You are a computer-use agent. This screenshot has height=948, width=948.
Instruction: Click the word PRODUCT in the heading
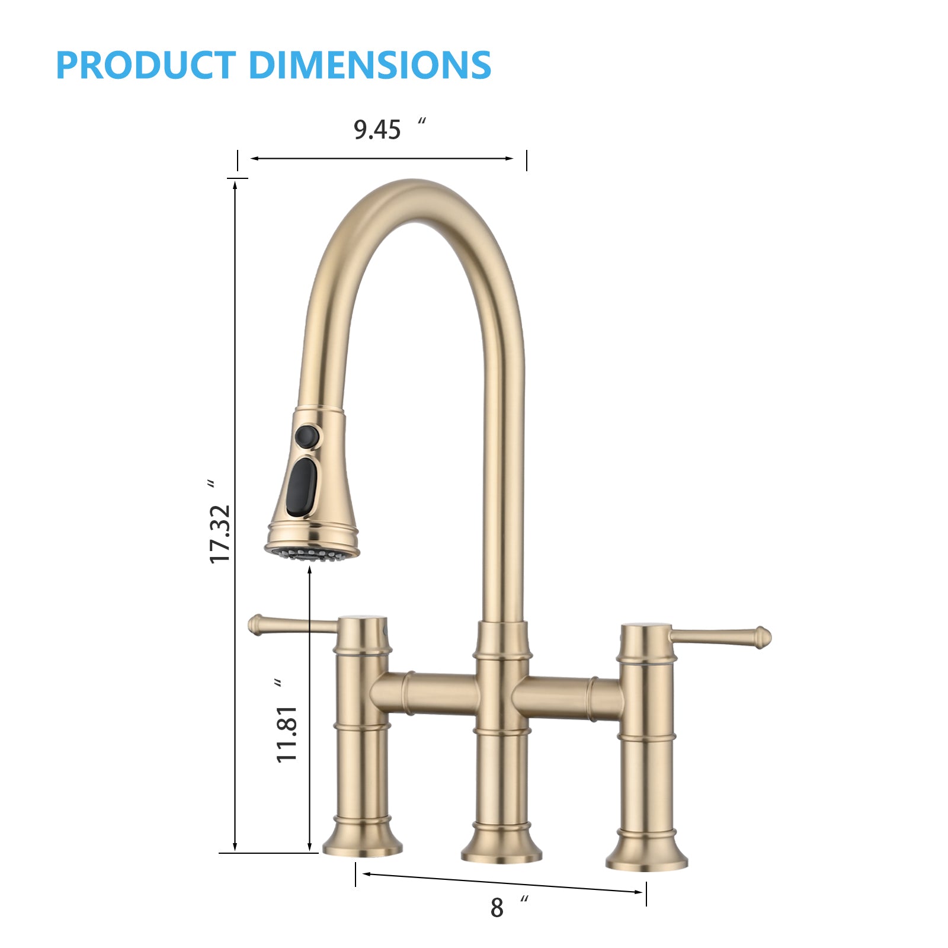[x=145, y=65]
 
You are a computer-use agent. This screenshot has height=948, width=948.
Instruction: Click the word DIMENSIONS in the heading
[x=370, y=65]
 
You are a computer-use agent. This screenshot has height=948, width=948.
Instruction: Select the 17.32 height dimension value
[x=220, y=533]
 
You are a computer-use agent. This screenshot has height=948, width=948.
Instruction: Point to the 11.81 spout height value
[x=287, y=734]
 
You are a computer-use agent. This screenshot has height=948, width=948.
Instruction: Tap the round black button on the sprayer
[x=307, y=437]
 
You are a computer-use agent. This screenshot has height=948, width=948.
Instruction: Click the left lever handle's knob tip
[x=255, y=624]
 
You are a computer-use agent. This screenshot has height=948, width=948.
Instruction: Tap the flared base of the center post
[x=501, y=847]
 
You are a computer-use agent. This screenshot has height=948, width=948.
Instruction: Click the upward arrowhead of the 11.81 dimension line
[x=310, y=571]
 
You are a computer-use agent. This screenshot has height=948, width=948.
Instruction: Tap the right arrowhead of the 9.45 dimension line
[x=509, y=158]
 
